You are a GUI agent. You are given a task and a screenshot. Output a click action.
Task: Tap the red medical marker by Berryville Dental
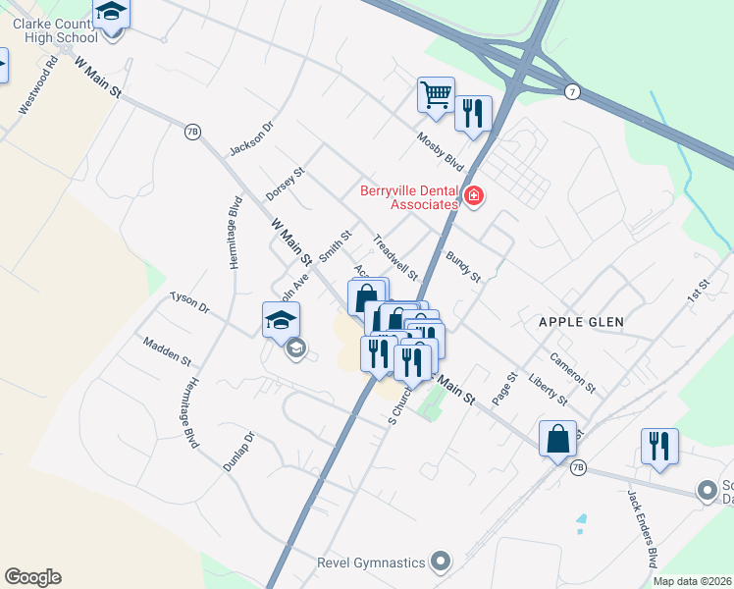tap(474, 196)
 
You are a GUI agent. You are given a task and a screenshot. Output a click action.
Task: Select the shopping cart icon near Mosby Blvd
tap(436, 95)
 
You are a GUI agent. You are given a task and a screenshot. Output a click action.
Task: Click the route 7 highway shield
tap(571, 92)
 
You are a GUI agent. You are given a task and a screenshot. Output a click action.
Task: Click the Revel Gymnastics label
tap(371, 562)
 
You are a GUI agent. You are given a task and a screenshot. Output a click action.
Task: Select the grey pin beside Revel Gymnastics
tap(441, 562)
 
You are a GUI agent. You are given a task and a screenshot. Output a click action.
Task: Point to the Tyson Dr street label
tap(189, 301)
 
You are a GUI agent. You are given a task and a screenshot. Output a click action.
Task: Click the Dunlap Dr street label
tap(238, 452)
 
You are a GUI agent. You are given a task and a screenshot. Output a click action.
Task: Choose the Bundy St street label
tap(463, 266)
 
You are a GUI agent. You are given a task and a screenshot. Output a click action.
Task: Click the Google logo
tap(32, 577)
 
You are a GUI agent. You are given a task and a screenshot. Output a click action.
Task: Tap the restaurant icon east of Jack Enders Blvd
tap(659, 446)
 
